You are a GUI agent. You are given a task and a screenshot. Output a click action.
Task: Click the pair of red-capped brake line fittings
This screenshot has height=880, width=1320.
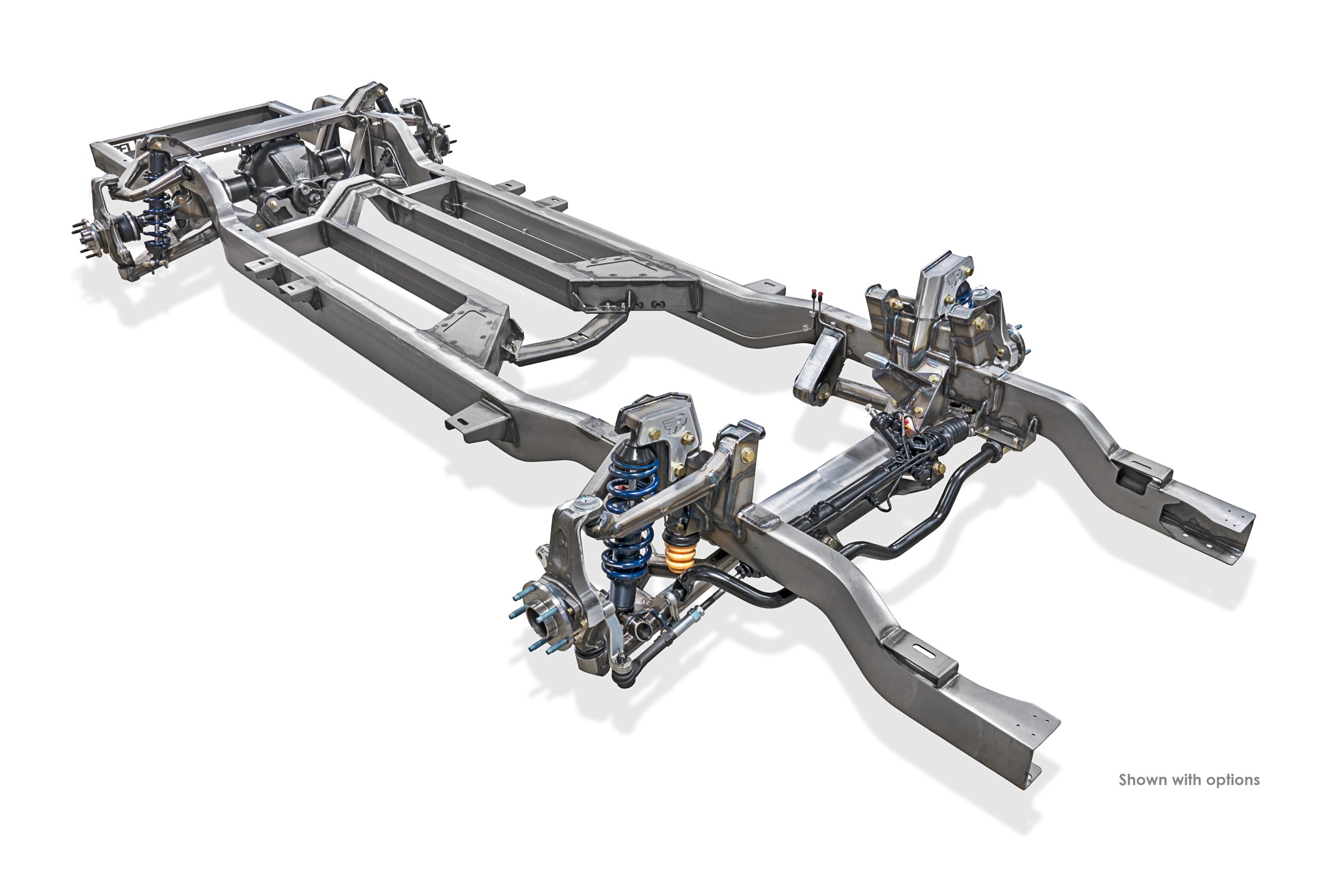(817, 295)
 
